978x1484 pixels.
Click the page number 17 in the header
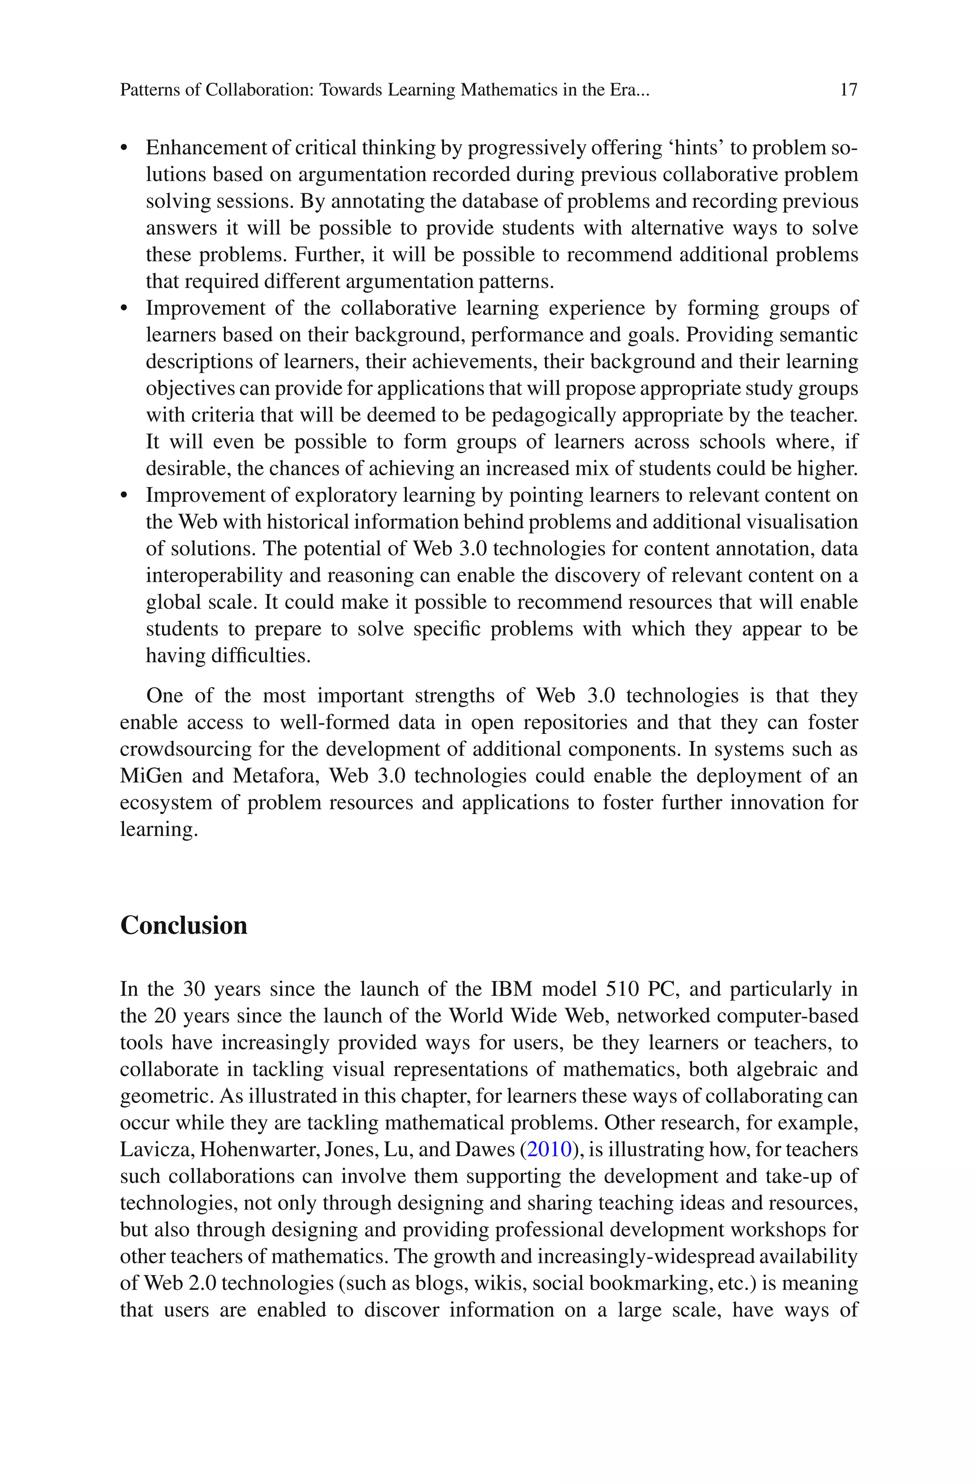[x=848, y=90]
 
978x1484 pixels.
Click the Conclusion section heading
[x=183, y=925]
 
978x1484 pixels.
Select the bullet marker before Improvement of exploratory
[x=124, y=496]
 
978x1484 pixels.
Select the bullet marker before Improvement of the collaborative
[x=124, y=308]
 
